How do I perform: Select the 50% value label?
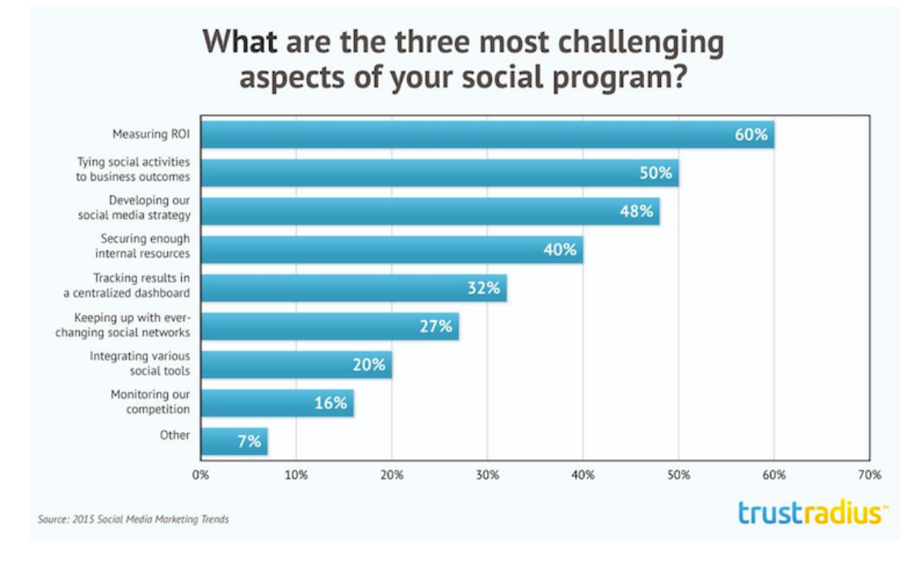pos(655,173)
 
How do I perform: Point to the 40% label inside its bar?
pos(560,250)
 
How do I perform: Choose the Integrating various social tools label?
pos(140,363)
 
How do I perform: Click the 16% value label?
pos(331,403)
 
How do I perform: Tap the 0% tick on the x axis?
pos(201,475)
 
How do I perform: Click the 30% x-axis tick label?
pos(487,475)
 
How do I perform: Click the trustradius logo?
pos(813,514)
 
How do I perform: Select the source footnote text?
pos(133,519)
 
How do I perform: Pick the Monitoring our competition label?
pos(150,402)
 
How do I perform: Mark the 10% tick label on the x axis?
pos(296,475)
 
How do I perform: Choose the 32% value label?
pos(483,288)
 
